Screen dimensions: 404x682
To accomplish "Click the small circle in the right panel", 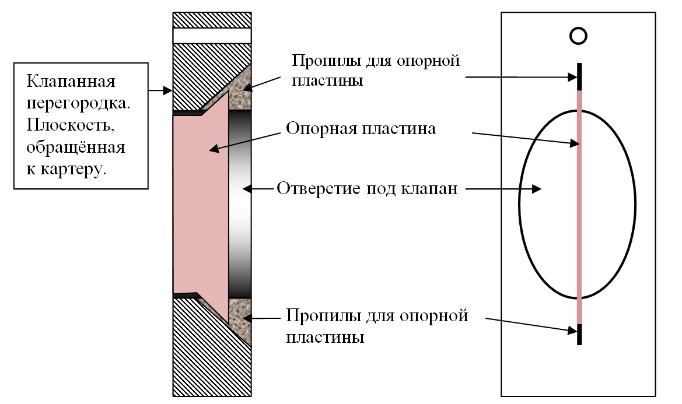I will [x=578, y=36].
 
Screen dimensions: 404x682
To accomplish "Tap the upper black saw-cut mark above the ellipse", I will [x=579, y=77].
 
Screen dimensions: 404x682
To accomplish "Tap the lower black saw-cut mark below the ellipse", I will [x=579, y=333].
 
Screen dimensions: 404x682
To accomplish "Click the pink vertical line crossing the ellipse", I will [x=579, y=204].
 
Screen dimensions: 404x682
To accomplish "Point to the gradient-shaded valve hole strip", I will [x=240, y=204].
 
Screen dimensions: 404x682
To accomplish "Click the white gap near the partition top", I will [x=212, y=35].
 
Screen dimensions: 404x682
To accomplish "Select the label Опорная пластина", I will [x=361, y=129].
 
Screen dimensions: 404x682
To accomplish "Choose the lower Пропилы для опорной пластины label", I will [x=377, y=326].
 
